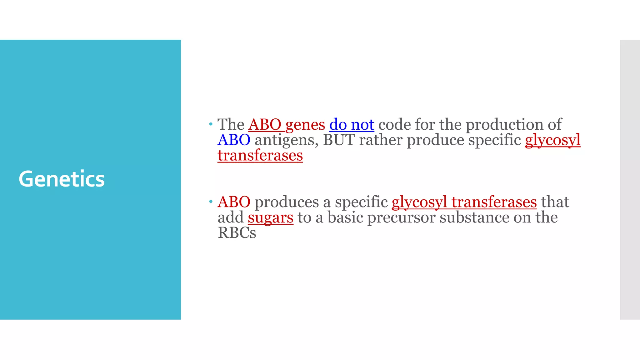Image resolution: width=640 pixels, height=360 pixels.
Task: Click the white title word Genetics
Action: [x=62, y=179]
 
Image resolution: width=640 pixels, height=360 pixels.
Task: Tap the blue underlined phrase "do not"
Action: [x=352, y=125]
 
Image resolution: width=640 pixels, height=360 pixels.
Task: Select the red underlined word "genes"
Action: [x=305, y=125]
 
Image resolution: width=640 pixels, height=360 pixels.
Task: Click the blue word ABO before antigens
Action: [x=234, y=140]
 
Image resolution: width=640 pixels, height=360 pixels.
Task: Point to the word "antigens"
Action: [x=287, y=140]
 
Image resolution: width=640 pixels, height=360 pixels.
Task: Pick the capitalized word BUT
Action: [x=339, y=140]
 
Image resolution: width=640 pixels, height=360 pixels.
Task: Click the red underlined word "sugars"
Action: [x=271, y=217]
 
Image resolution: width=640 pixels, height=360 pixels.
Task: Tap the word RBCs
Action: [x=237, y=233]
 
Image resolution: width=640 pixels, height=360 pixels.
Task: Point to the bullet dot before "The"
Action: [x=211, y=124]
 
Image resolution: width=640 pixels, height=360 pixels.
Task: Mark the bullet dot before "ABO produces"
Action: [x=211, y=202]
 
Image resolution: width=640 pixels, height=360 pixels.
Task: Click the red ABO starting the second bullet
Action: [x=234, y=202]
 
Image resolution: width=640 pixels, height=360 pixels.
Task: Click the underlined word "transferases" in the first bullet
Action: [x=260, y=155]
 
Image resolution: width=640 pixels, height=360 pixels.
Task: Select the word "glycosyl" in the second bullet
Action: [x=419, y=202]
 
